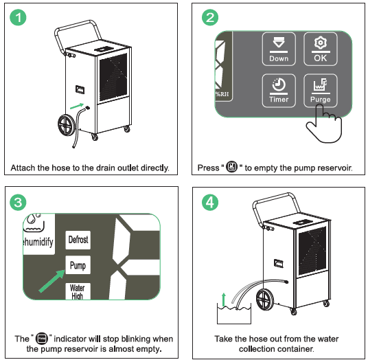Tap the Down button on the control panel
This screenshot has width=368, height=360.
279,49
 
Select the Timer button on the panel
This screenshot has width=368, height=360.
279,90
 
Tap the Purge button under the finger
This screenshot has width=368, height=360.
320,90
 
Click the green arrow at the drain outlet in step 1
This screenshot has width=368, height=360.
78,106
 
